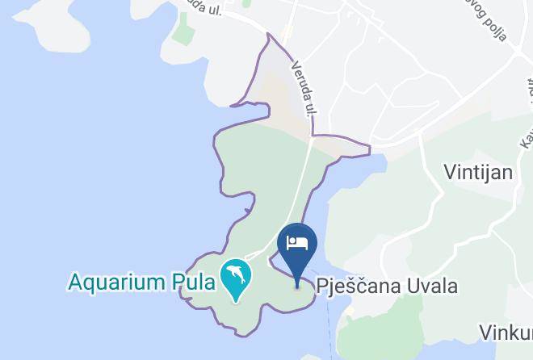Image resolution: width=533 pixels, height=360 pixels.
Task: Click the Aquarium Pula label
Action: (x=141, y=283)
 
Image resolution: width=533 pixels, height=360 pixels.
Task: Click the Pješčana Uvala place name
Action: (x=387, y=287)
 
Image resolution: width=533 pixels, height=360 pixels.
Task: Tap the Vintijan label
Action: (x=479, y=172)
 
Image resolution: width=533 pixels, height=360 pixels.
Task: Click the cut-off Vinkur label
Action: (x=505, y=333)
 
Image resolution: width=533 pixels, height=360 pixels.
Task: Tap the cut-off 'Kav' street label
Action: (x=525, y=133)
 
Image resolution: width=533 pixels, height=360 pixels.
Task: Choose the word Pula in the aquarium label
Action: (x=194, y=283)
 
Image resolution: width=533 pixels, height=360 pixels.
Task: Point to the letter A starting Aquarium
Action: (x=75, y=283)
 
